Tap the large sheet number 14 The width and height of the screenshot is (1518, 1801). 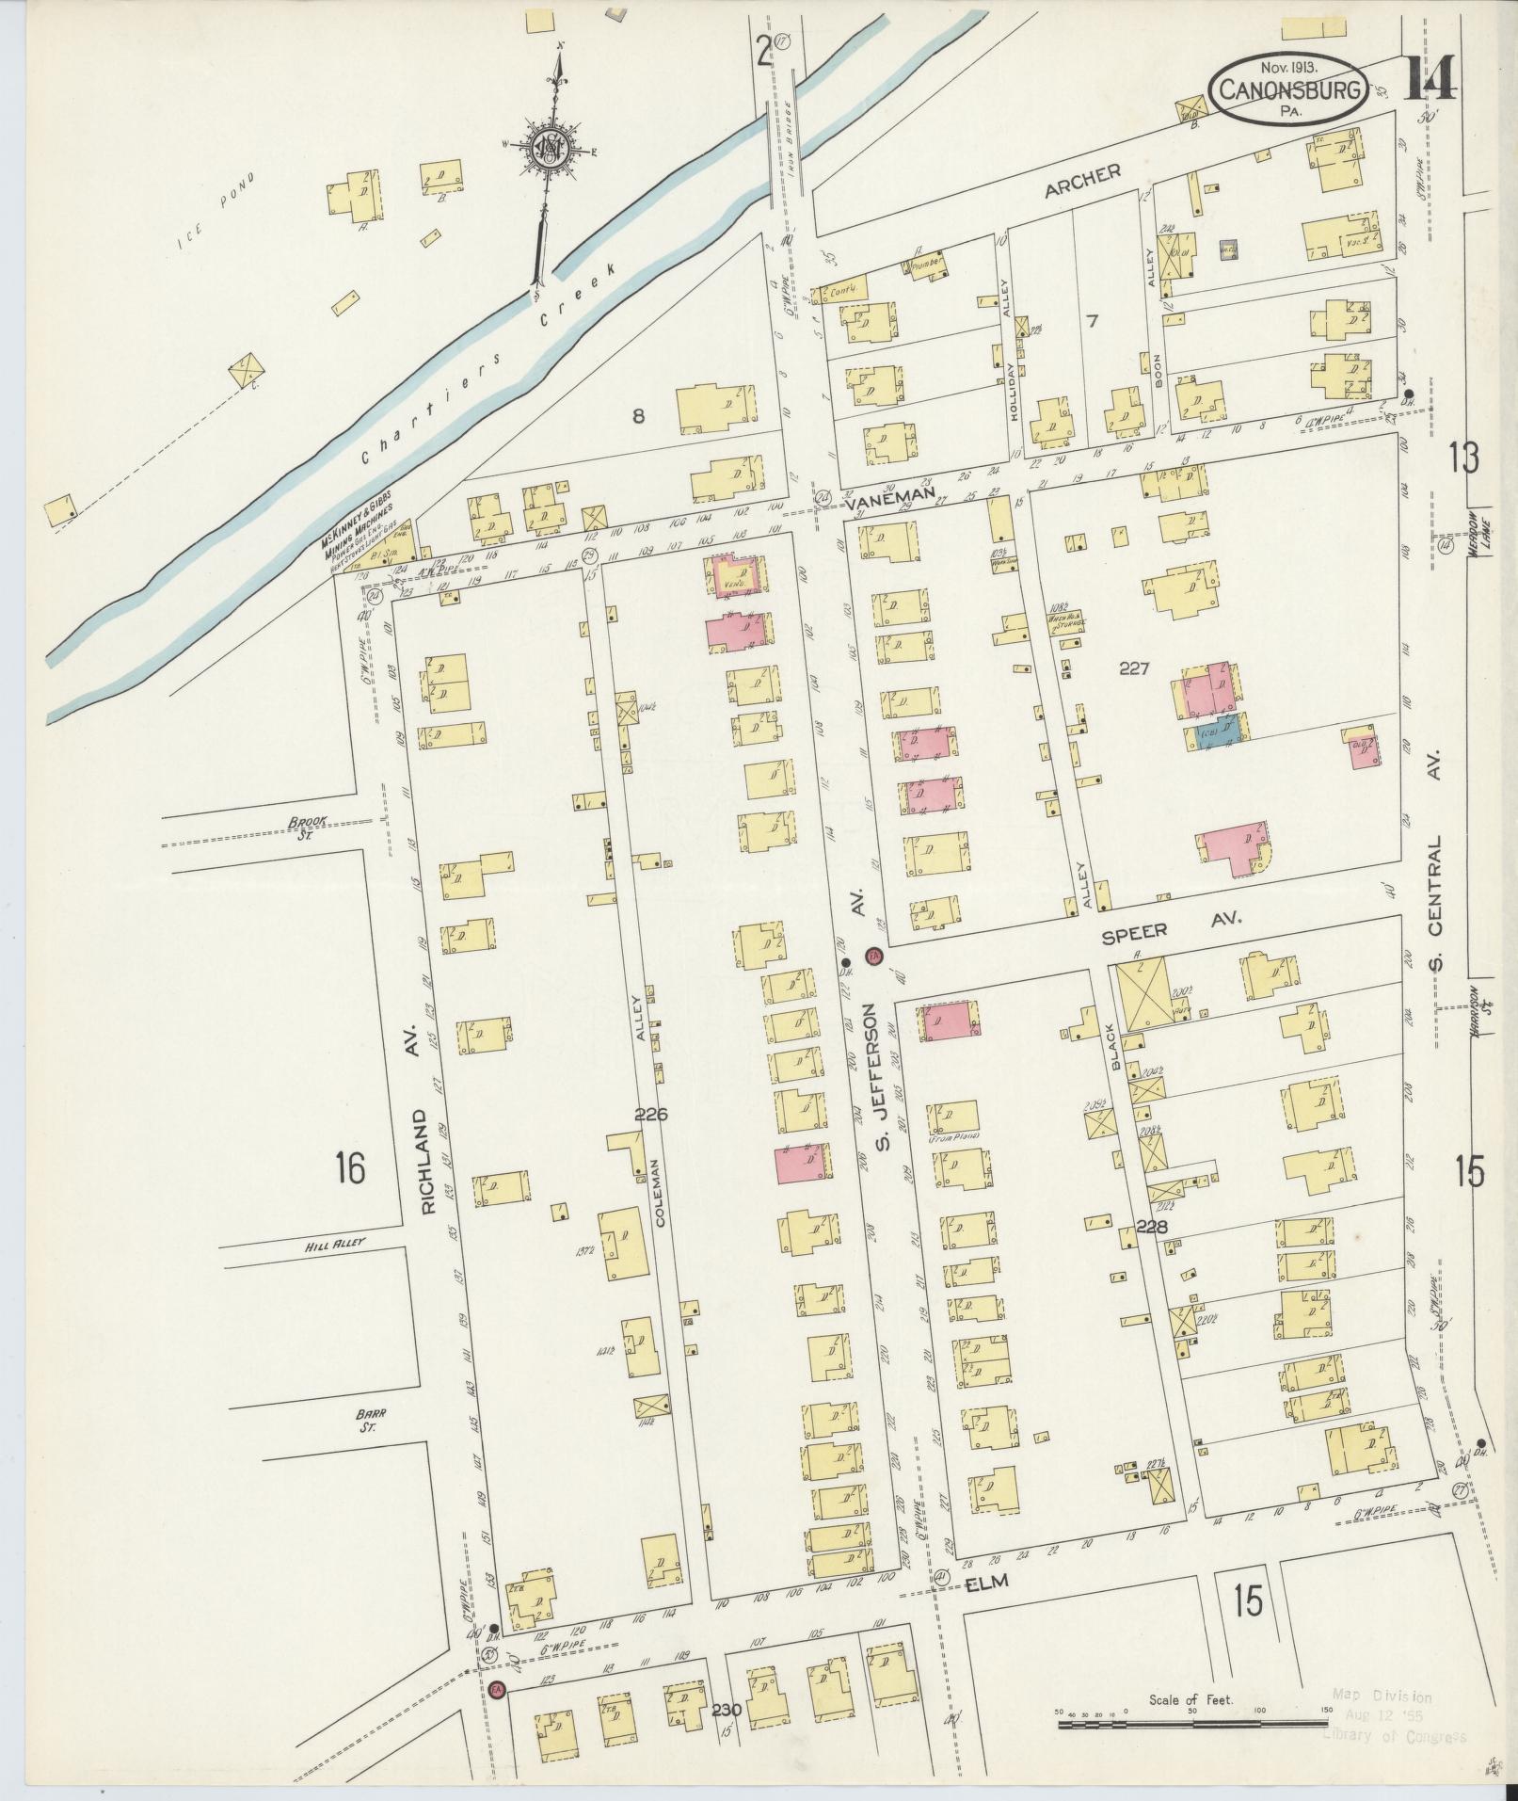click(1431, 78)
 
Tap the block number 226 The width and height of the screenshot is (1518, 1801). click(650, 1114)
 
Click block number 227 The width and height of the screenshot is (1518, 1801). click(1135, 668)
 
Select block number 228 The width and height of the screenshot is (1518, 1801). click(1151, 1226)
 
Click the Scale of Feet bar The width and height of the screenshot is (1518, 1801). click(1190, 1725)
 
